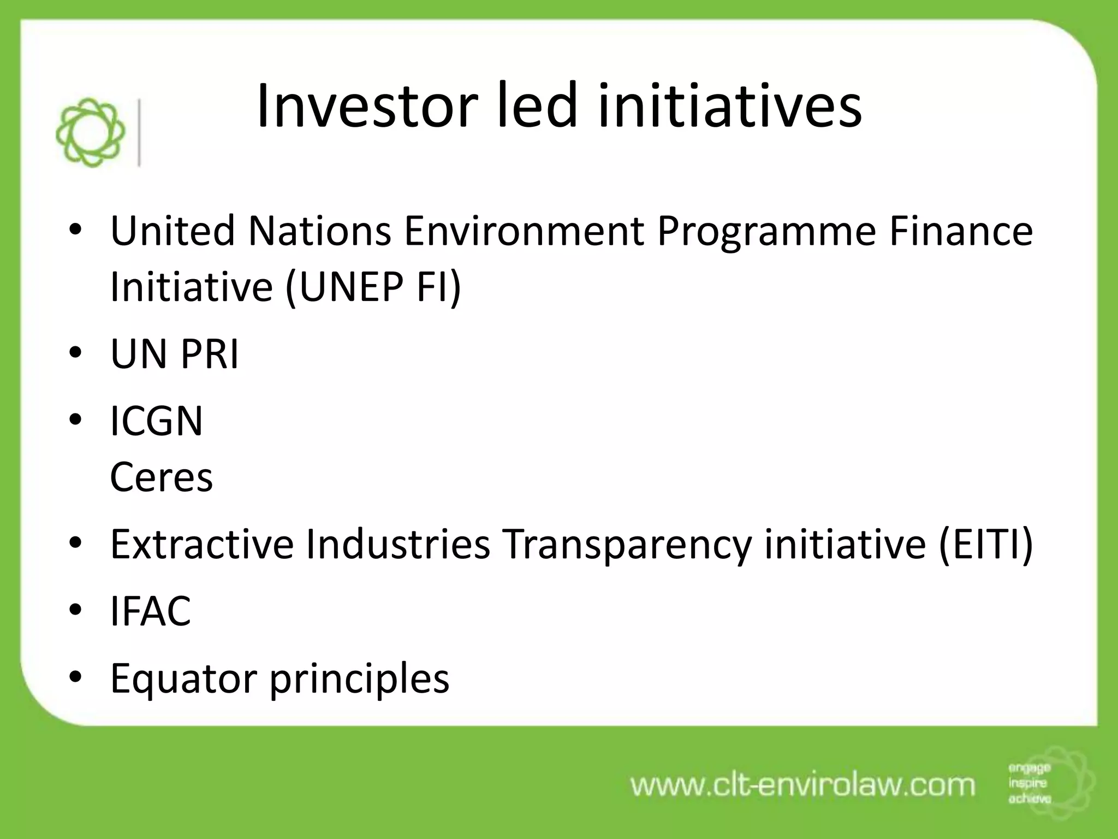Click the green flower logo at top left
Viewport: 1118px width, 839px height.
[90, 132]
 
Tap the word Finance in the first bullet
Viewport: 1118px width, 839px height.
[961, 231]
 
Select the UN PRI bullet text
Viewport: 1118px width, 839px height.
[175, 354]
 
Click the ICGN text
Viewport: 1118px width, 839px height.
[157, 421]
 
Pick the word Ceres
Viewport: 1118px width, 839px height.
[162, 477]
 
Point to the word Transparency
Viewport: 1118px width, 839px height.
[626, 545]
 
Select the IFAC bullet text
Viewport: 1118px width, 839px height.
[151, 611]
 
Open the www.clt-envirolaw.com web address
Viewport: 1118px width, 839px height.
[802, 785]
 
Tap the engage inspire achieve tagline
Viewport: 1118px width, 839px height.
[1029, 783]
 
